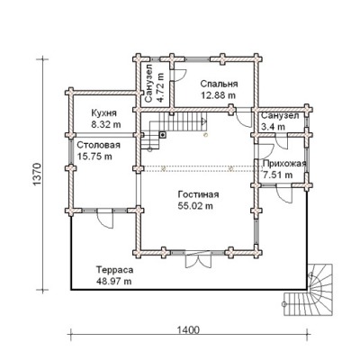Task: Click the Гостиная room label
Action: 198,194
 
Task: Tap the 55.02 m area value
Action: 195,206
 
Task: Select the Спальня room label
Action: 220,84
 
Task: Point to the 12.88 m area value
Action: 218,95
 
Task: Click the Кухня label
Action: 103,113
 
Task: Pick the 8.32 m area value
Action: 106,125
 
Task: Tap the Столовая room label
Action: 99,145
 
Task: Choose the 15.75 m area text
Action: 94,157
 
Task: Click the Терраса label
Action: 114,270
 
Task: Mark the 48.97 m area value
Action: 113,282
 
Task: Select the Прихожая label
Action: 284,164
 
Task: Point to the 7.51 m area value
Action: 277,175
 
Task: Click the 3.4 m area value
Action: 274,127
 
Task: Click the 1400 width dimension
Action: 188,330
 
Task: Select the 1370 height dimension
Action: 36,175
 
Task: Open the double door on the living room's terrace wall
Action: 198,260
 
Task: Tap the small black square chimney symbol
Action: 162,135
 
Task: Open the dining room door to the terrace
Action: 104,219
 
